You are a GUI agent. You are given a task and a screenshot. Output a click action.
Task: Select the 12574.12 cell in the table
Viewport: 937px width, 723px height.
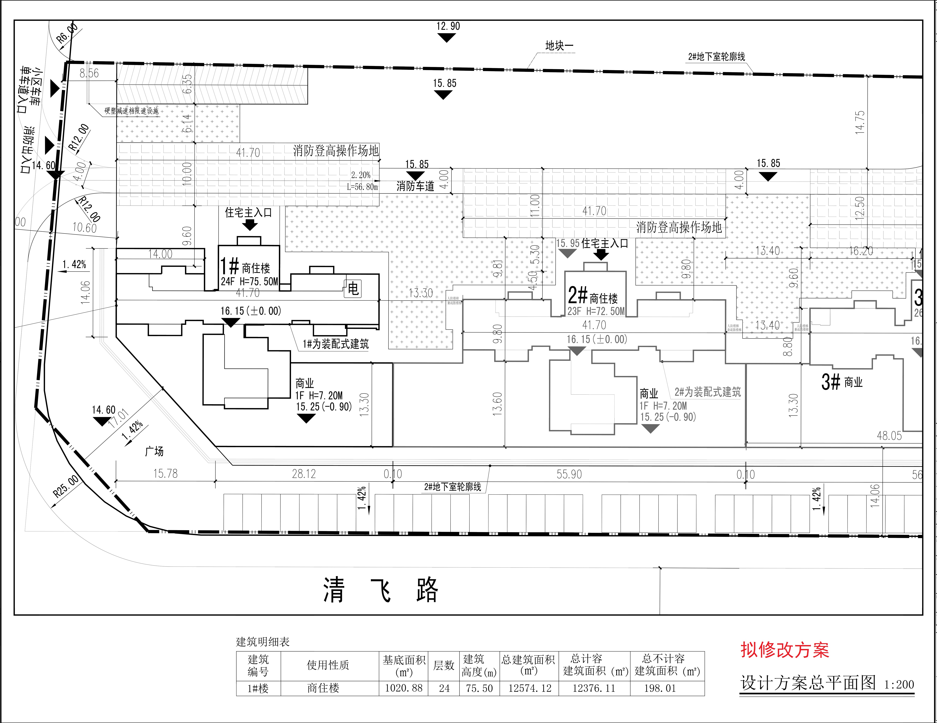point(529,688)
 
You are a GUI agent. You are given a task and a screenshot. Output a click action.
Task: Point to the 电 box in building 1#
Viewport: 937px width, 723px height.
point(353,289)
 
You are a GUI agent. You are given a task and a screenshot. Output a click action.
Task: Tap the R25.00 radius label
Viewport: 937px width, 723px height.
point(66,486)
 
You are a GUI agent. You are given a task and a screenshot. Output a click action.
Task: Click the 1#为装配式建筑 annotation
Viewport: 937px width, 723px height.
point(335,344)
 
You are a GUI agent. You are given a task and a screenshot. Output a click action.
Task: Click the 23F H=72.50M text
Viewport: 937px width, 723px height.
point(596,311)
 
